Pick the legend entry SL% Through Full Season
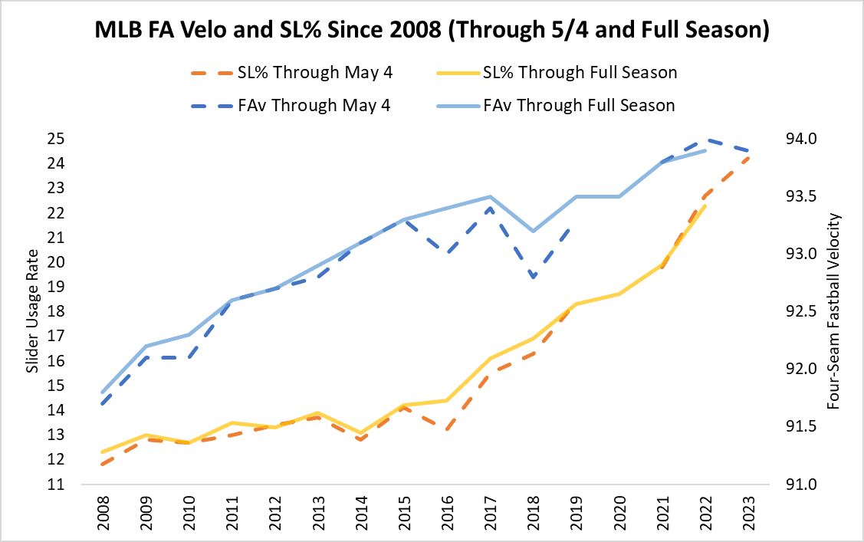(x=580, y=73)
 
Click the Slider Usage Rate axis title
(x=32, y=311)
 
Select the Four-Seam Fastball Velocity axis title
(x=835, y=311)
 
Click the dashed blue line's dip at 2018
(x=534, y=277)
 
